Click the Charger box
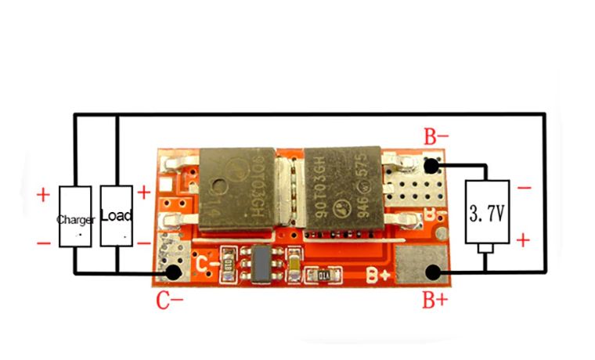pos(75,217)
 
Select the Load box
pos(116,215)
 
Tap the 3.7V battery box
pos(487,212)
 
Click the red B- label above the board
pos(436,138)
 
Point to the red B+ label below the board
pos(435,299)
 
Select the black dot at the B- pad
pos(430,166)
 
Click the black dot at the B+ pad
pos(430,272)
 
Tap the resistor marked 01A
pos(323,275)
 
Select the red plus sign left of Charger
pos(43,193)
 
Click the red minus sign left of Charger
pos(43,243)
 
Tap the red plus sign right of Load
pos(144,192)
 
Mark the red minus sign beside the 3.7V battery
pos(525,188)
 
